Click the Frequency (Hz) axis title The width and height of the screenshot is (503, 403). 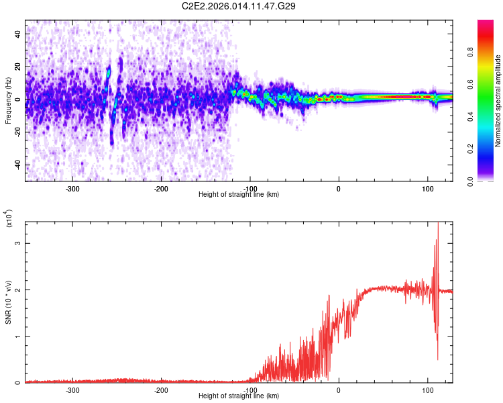click(x=8, y=101)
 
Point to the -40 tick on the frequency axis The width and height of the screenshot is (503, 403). click(x=17, y=165)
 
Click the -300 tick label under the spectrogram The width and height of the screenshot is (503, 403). click(x=72, y=189)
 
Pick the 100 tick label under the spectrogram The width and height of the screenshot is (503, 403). click(x=427, y=189)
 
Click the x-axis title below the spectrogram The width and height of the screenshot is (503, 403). click(x=239, y=195)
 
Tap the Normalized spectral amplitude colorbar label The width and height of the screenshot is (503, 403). click(x=497, y=101)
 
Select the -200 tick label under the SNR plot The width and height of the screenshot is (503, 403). click(x=161, y=390)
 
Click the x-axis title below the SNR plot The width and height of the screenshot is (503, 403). click(x=239, y=396)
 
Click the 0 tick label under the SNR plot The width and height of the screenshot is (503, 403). click(x=339, y=390)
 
